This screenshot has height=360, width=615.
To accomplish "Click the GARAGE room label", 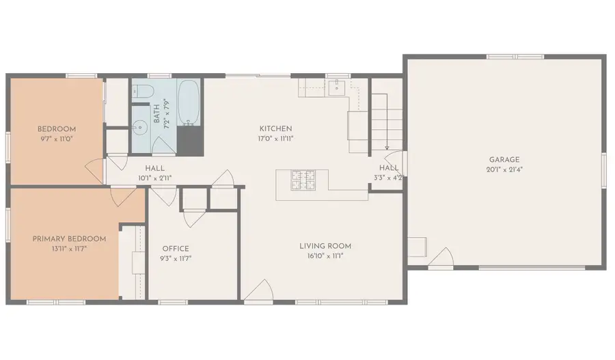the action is [x=504, y=160].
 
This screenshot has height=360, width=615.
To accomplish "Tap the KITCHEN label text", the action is [x=275, y=128].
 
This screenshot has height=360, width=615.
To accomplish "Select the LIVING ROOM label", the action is [x=325, y=247].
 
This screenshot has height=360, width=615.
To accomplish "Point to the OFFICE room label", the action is [x=176, y=249].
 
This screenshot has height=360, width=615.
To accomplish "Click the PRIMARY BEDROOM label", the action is [x=69, y=239].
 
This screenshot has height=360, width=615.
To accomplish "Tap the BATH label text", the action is [x=156, y=113].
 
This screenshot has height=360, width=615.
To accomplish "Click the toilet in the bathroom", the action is [x=141, y=91].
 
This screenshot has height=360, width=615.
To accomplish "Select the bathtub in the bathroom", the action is [x=189, y=102].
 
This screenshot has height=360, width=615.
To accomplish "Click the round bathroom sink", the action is [x=139, y=127].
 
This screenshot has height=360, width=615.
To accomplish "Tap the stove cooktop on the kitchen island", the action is [x=303, y=180].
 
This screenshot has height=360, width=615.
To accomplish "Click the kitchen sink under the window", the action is [x=336, y=87].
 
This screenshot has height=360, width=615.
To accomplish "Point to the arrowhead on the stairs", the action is [x=387, y=148].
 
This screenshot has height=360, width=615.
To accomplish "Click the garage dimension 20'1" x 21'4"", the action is [x=504, y=169].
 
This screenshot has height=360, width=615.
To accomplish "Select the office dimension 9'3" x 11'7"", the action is [x=176, y=258].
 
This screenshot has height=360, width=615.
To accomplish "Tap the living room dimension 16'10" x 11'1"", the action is [x=325, y=256].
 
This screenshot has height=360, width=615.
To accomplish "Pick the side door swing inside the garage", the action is [x=441, y=257].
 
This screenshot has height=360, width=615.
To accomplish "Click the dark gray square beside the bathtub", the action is [x=190, y=141].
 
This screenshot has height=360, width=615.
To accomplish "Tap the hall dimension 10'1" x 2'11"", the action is [x=154, y=178].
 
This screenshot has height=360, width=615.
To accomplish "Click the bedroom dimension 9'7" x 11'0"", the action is [x=57, y=139].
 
